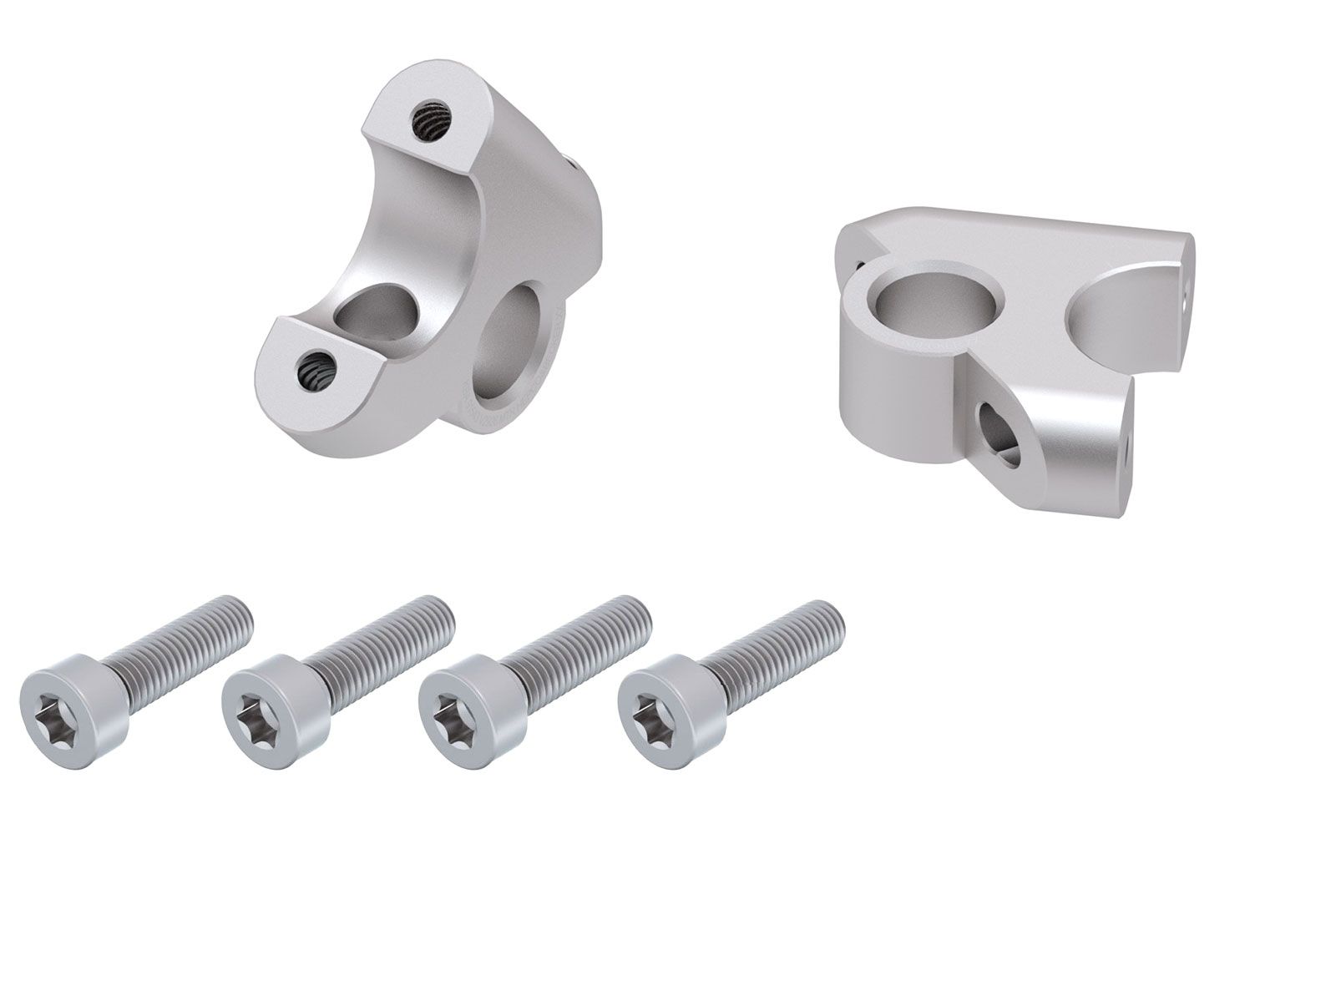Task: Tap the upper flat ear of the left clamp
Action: [434, 117]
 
